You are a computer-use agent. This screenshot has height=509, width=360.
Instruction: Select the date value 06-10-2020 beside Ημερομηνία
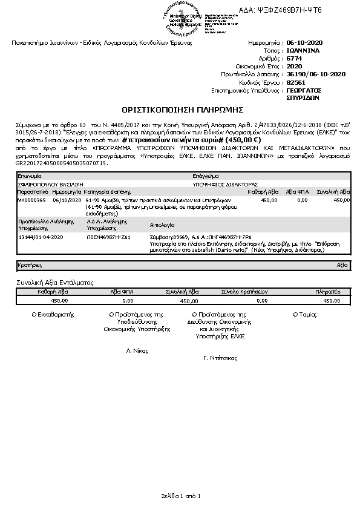[306, 44]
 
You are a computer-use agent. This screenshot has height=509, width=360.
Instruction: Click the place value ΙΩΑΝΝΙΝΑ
[303, 51]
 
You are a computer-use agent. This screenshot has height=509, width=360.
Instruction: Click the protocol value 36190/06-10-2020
[316, 74]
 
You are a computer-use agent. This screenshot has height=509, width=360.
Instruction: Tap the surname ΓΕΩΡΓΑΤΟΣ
[306, 90]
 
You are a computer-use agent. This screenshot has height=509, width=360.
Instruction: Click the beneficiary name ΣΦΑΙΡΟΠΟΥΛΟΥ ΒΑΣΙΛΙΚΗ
[51, 183]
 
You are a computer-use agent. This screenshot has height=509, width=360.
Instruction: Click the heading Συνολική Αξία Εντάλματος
[54, 283]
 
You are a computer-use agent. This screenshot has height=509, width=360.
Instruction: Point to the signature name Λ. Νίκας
[137, 351]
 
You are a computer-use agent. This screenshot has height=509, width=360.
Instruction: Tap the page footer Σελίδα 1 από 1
[180, 496]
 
